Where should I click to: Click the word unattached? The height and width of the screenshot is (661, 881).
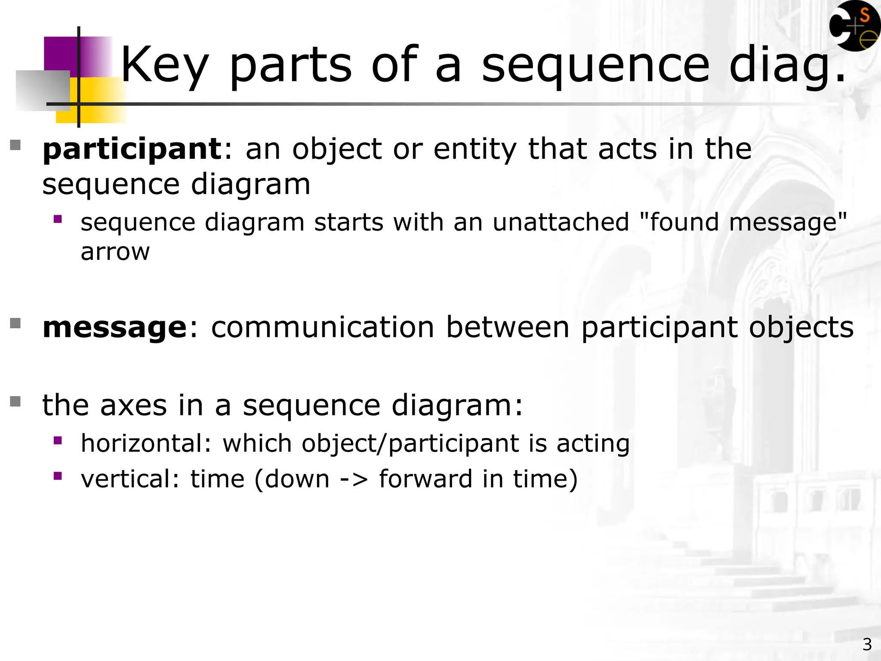(561, 222)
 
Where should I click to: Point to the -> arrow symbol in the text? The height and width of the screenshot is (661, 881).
(354, 479)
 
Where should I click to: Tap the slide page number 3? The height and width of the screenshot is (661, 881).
(867, 644)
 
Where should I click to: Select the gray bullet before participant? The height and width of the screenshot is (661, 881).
(15, 145)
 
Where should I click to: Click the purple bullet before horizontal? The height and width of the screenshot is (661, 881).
(58, 440)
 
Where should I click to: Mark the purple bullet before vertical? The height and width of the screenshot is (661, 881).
(58, 476)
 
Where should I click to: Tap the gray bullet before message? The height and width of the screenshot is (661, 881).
(15, 323)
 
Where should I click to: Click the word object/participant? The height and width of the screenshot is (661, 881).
(410, 443)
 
